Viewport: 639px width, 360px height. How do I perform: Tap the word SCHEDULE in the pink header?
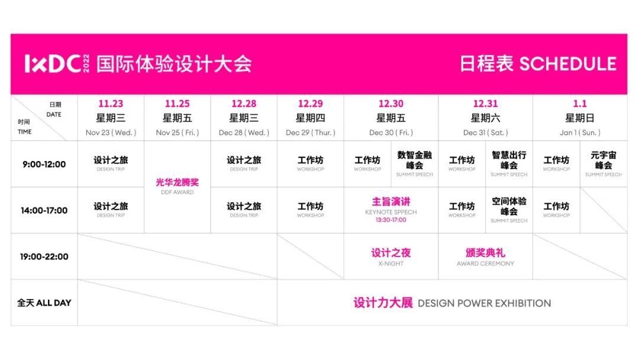567,64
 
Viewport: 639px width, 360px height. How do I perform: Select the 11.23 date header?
111,104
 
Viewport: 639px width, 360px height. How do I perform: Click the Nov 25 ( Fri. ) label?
177,133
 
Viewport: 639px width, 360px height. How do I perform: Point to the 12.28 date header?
244,104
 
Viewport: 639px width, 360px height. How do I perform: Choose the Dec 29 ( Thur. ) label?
311,133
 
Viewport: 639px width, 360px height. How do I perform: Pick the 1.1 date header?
580,104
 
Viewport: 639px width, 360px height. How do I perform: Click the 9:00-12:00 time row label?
44,164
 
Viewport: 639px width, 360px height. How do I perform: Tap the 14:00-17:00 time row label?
44,210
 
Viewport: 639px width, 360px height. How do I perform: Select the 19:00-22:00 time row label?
44,256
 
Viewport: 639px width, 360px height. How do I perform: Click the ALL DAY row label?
44,303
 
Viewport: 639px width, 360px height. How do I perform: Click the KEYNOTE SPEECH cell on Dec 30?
391,206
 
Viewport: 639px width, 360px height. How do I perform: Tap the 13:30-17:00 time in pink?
391,220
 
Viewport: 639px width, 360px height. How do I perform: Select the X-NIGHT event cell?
391,256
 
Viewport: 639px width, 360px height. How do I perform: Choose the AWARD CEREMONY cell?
485,256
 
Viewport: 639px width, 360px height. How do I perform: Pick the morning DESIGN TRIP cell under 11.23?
111,163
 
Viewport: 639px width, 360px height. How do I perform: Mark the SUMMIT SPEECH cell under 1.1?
603,163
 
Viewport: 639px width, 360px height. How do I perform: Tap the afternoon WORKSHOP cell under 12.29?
311,210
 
